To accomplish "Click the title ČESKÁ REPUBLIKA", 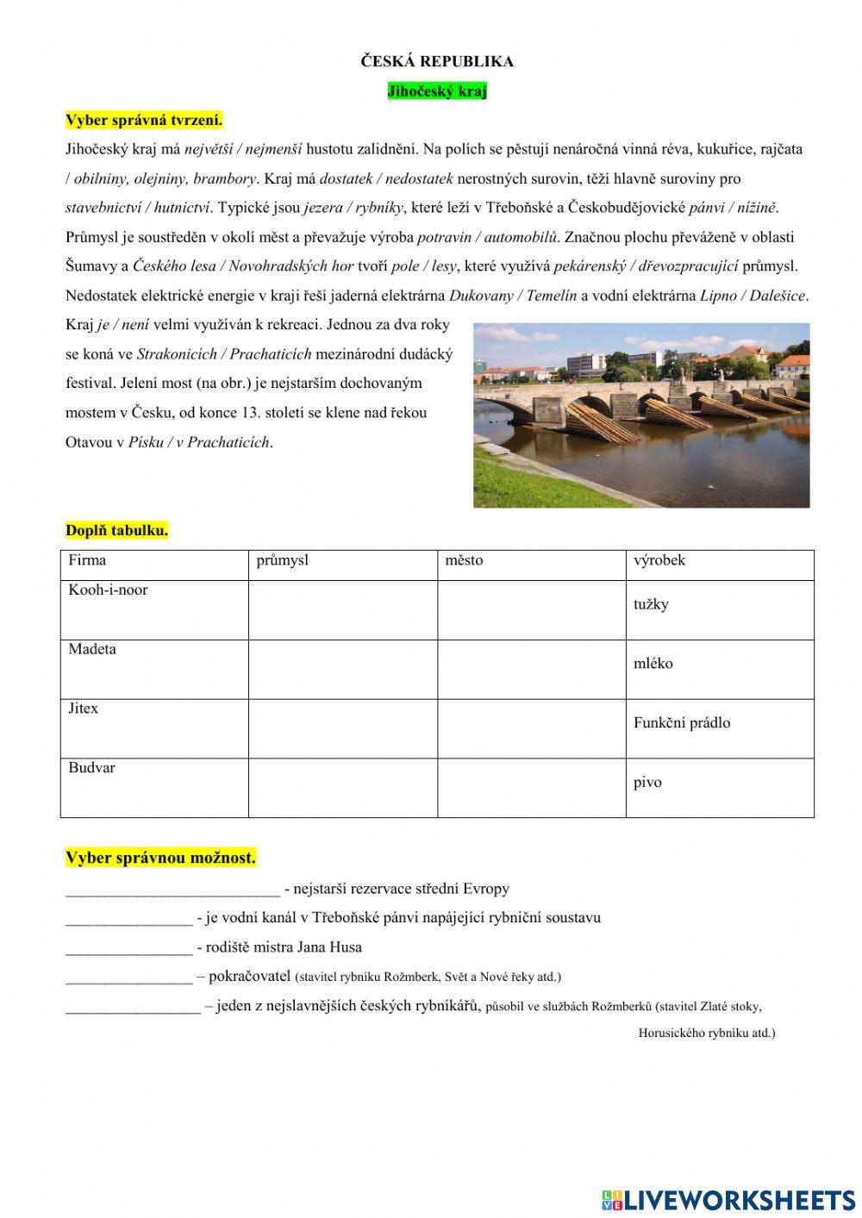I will [436, 61].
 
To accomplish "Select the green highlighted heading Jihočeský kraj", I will [436, 91].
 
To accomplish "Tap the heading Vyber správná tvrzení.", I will [144, 120].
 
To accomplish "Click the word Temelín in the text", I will [551, 296].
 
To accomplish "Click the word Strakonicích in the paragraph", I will [178, 354].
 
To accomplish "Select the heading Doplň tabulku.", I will [116, 530].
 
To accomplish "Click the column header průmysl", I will [283, 560].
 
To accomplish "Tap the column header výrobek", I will [659, 560].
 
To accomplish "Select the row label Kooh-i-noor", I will [108, 590].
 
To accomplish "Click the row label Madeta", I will [92, 649].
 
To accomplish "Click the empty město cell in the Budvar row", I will [531, 788].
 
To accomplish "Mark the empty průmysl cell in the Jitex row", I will [343, 728].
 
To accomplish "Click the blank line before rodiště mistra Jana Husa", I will [128, 947].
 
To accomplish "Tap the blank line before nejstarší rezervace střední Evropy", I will [172, 889].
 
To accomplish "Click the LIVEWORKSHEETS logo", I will [728, 1200].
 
